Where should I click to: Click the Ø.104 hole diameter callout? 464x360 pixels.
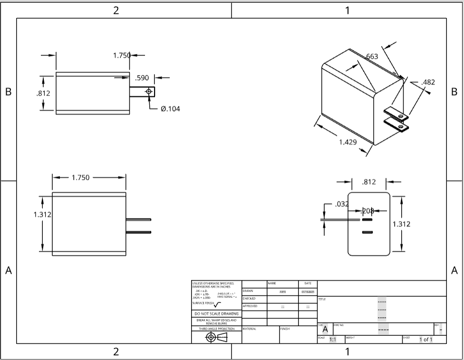[170, 109]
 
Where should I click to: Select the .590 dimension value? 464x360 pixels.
[142, 78]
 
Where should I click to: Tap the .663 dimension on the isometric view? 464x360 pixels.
[371, 57]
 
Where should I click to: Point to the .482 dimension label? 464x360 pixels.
[428, 82]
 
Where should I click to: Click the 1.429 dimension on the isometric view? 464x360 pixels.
[348, 142]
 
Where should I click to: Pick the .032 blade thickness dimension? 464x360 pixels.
[342, 204]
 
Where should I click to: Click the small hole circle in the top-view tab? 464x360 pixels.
[149, 91]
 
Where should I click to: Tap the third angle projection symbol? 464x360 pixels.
[216, 337]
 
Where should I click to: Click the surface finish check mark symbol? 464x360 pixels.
[217, 304]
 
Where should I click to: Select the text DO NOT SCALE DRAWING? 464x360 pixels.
[216, 314]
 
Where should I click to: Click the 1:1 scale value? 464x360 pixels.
[333, 340]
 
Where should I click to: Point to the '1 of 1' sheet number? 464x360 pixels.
[425, 340]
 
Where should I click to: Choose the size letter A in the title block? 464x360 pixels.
[325, 329]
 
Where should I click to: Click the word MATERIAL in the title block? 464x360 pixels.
[250, 329]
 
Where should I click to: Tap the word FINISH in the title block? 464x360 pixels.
[285, 329]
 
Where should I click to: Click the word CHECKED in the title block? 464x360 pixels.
[249, 299]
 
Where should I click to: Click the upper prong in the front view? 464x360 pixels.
[138, 220]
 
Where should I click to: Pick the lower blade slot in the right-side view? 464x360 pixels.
[367, 232]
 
